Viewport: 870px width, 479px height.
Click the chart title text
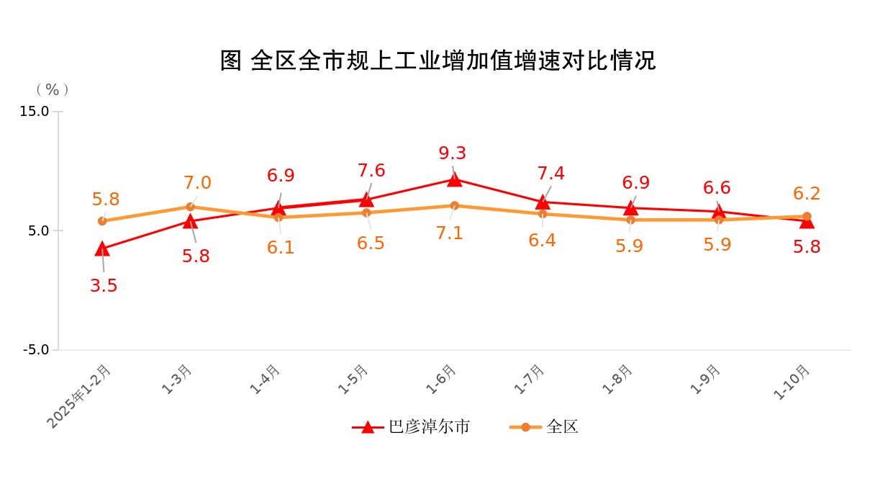pyautogui.click(x=438, y=61)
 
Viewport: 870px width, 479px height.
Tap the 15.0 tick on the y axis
pyautogui.click(x=35, y=112)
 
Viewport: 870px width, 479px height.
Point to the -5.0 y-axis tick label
pyautogui.click(x=36, y=350)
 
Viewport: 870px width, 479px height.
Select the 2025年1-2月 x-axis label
pyautogui.click(x=80, y=396)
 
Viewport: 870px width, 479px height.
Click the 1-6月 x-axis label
pyautogui.click(x=441, y=380)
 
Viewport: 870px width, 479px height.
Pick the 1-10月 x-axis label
pyautogui.click(x=792, y=382)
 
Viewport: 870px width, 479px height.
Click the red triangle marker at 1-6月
pyautogui.click(x=455, y=179)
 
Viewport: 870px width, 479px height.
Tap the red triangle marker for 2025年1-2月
pyautogui.click(x=102, y=249)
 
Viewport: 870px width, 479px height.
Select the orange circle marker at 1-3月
pyautogui.click(x=191, y=207)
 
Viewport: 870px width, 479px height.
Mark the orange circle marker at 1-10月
pyautogui.click(x=807, y=217)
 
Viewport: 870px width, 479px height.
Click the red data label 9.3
pyautogui.click(x=453, y=153)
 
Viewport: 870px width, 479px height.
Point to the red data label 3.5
pyautogui.click(x=104, y=286)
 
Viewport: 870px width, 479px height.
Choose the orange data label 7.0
pyautogui.click(x=197, y=183)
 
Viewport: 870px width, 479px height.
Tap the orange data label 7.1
pyautogui.click(x=450, y=233)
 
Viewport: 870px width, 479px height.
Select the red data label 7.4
pyautogui.click(x=551, y=174)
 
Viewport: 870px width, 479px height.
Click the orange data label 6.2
pyautogui.click(x=807, y=194)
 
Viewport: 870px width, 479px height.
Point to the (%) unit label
pyautogui.click(x=53, y=89)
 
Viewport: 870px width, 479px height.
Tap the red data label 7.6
pyautogui.click(x=371, y=171)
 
